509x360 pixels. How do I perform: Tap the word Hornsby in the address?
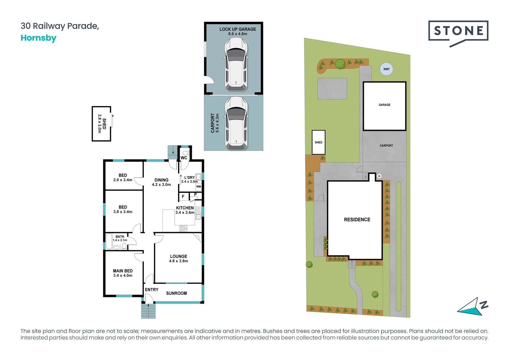[38, 38]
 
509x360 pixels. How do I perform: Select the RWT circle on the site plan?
[387, 69]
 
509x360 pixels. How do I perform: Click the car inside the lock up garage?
[236, 64]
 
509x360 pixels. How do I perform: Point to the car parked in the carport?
[236, 123]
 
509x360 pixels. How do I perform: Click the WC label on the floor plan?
[184, 158]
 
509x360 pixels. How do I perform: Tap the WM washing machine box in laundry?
[199, 187]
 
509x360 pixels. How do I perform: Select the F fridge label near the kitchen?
[183, 197]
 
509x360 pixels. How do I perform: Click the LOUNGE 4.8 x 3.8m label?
[178, 258]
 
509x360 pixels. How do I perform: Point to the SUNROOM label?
[177, 293]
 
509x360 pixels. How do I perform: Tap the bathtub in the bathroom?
[109, 242]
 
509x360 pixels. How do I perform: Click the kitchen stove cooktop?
[183, 229]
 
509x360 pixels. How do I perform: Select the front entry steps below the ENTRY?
[148, 311]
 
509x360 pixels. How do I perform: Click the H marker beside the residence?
[379, 176]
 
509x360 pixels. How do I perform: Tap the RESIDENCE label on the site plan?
[357, 220]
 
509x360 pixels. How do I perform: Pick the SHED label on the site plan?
[318, 142]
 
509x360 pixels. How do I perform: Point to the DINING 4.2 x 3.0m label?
[161, 182]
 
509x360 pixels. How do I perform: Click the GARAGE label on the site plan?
[385, 105]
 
